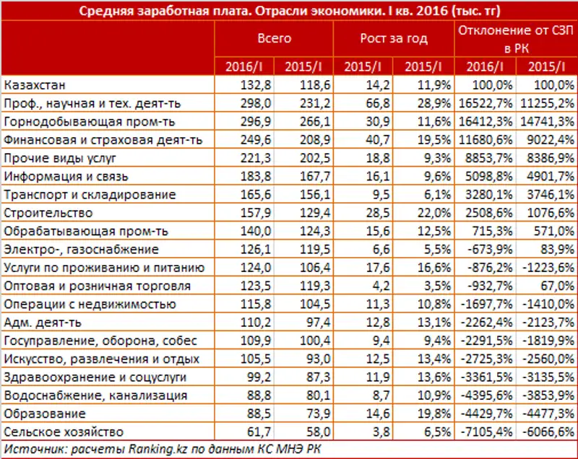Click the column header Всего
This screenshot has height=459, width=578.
[275, 38]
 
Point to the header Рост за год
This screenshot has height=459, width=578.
[393, 38]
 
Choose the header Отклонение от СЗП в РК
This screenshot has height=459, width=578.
[515, 38]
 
